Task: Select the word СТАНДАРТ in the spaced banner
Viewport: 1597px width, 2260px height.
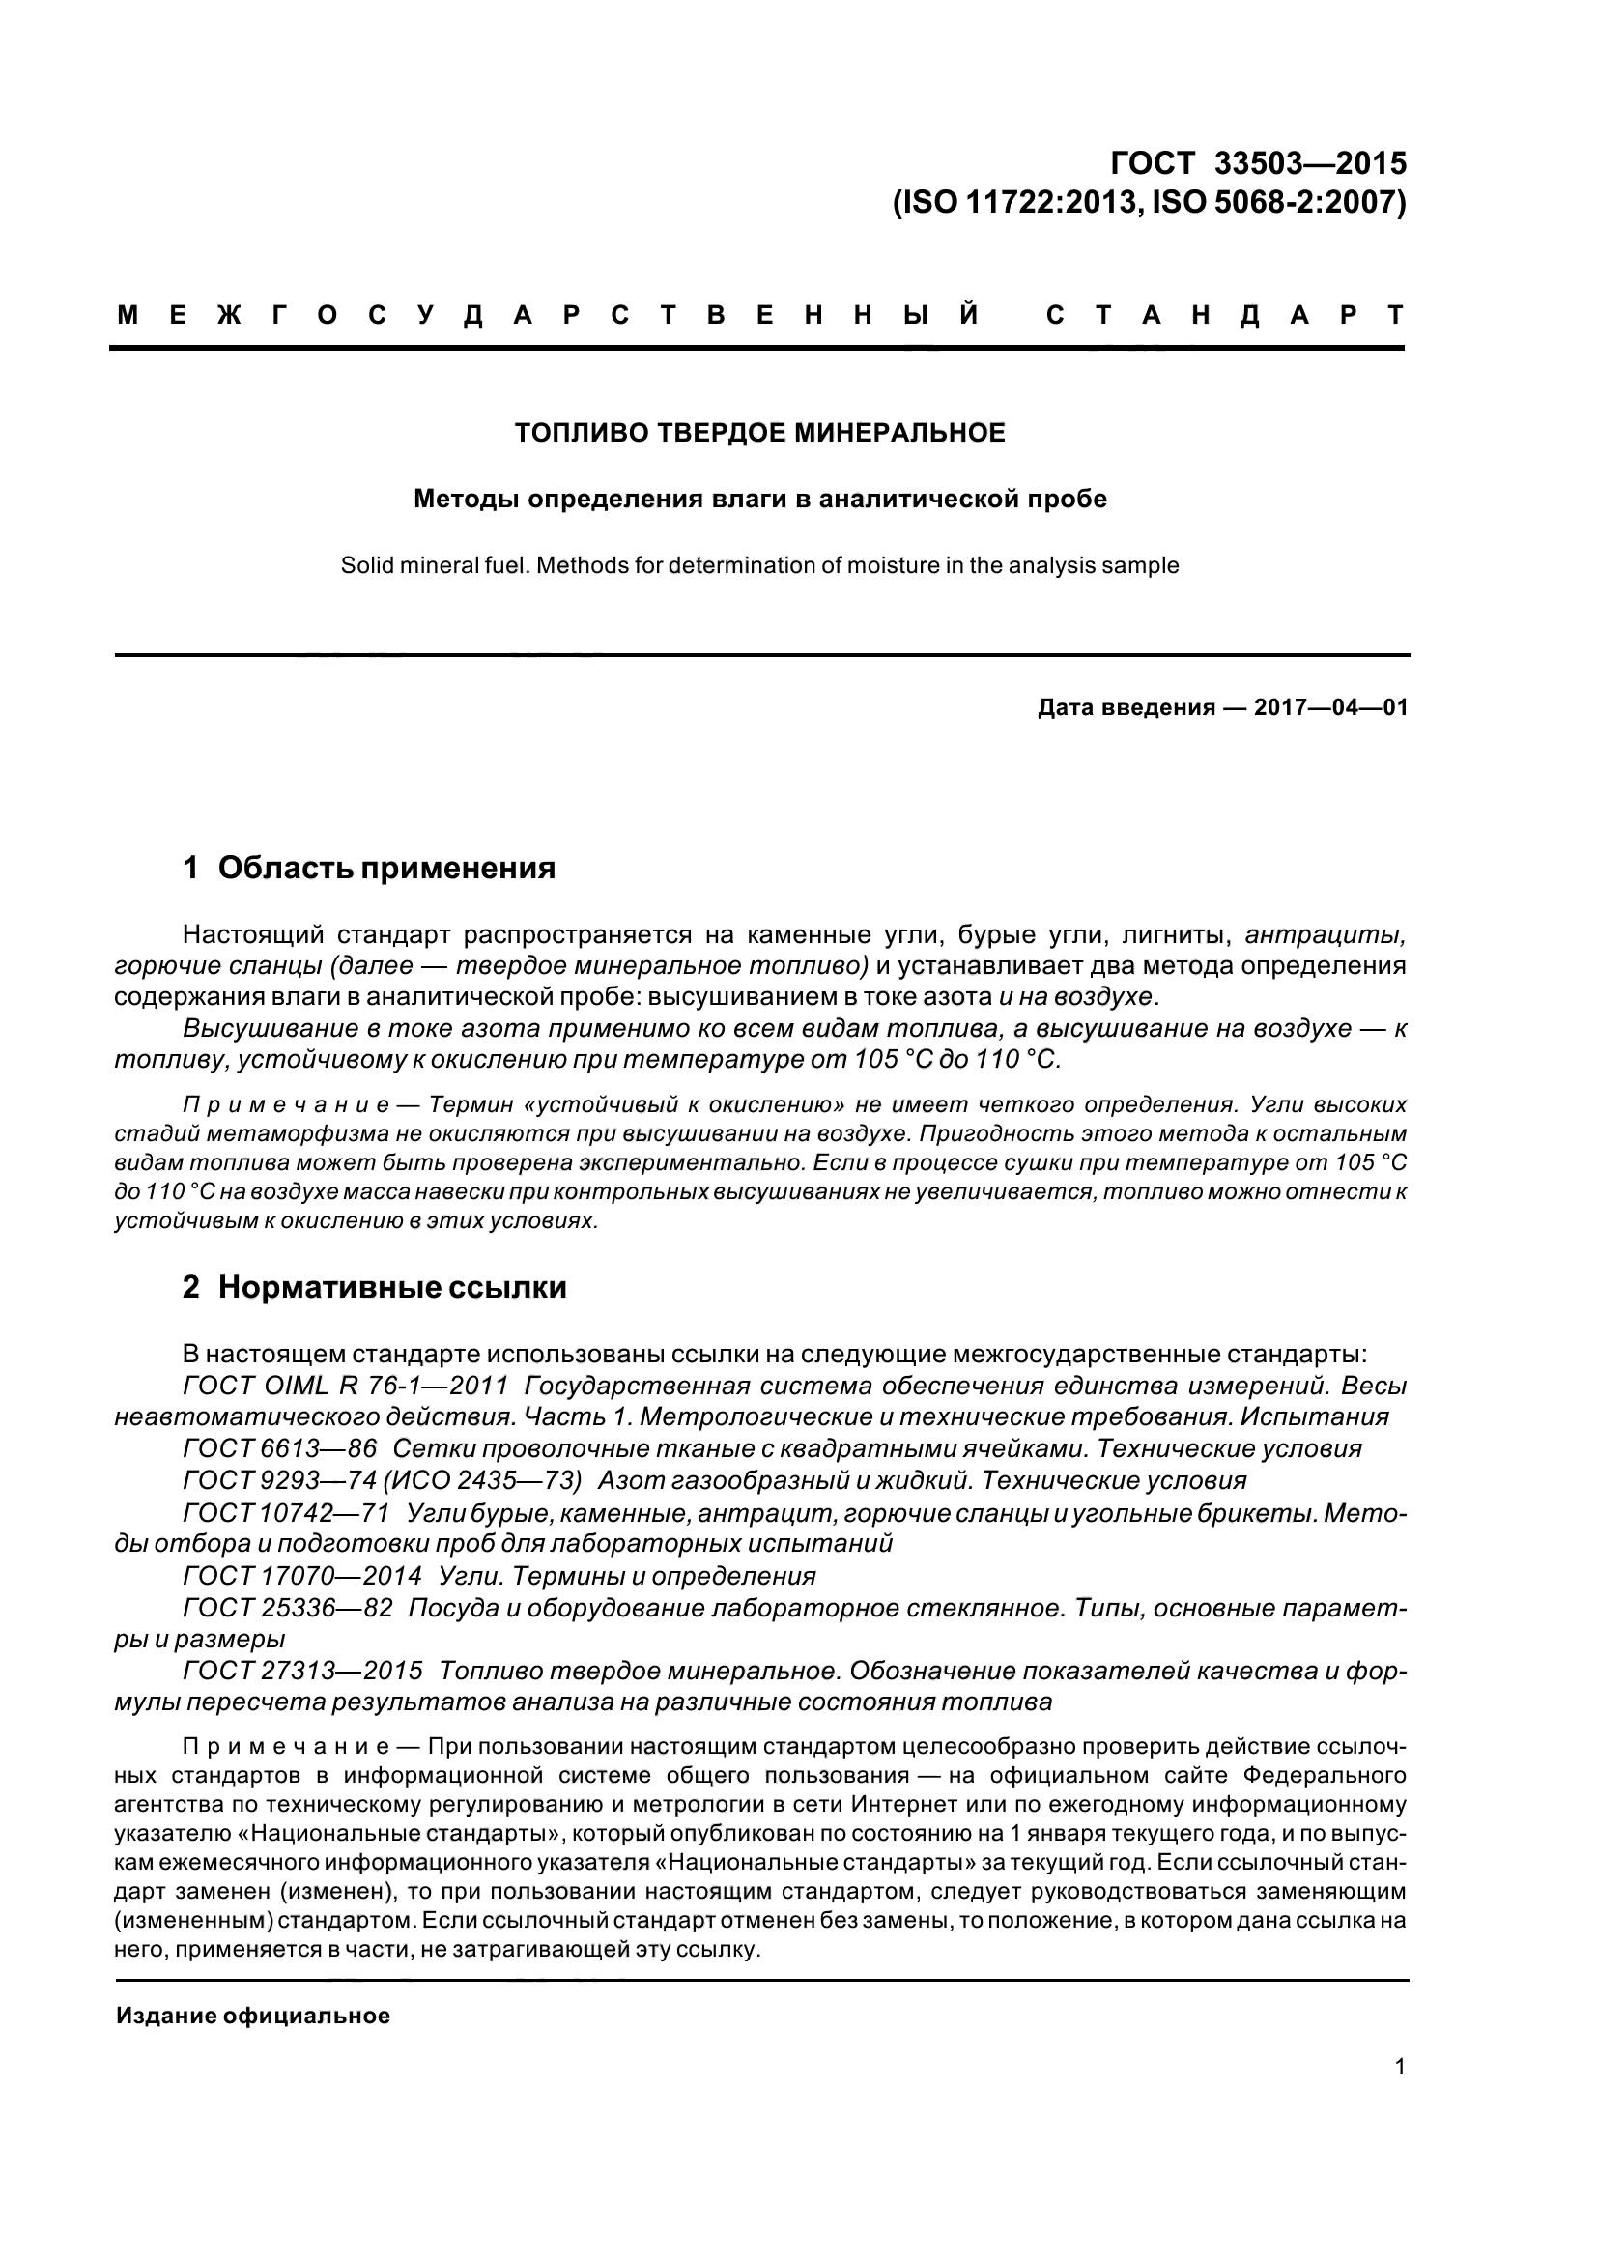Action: [1224, 316]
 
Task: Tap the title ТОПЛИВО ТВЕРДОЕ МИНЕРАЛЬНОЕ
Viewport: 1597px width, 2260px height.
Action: [759, 433]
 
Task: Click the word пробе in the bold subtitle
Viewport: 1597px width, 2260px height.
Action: [1069, 499]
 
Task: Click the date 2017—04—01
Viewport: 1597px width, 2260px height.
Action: [1330, 707]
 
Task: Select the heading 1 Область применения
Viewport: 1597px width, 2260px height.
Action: [369, 869]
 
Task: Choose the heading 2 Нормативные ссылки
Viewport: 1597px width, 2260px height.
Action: [374, 1287]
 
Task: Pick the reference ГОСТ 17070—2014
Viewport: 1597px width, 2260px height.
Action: [302, 1576]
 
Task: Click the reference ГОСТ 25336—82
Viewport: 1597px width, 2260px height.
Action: [287, 1609]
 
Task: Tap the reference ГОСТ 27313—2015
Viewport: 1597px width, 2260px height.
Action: [302, 1672]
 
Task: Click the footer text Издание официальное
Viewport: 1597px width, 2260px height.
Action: [253, 2016]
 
